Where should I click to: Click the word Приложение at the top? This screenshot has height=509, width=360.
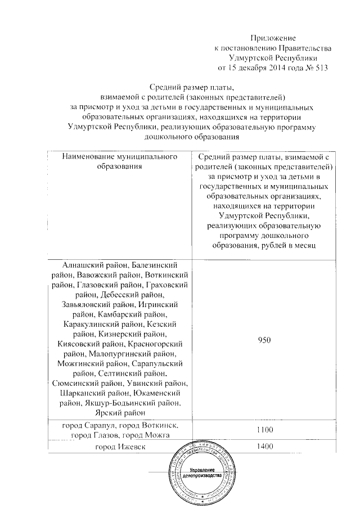(x=272, y=38)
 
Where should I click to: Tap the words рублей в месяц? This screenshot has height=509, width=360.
(x=292, y=245)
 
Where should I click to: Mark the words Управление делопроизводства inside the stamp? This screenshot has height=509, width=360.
(x=202, y=472)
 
